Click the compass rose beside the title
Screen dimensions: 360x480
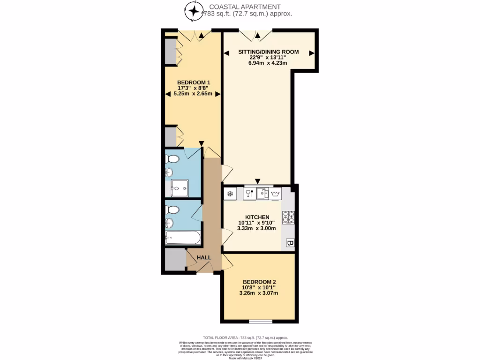[193, 10]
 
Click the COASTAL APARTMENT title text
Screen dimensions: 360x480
[245, 7]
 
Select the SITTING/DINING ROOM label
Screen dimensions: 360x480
[269, 52]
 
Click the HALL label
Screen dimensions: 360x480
[204, 257]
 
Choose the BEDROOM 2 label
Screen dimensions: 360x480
[259, 282]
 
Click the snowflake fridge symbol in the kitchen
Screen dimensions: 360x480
[230, 193]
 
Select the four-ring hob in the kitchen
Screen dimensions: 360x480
[288, 217]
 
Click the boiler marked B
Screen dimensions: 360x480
[290, 243]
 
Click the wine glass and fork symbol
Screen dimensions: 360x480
[249, 193]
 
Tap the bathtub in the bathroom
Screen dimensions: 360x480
[183, 238]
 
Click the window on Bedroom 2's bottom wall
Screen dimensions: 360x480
[260, 321]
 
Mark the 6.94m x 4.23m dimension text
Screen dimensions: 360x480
[268, 63]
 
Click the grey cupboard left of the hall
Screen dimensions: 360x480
[175, 259]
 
